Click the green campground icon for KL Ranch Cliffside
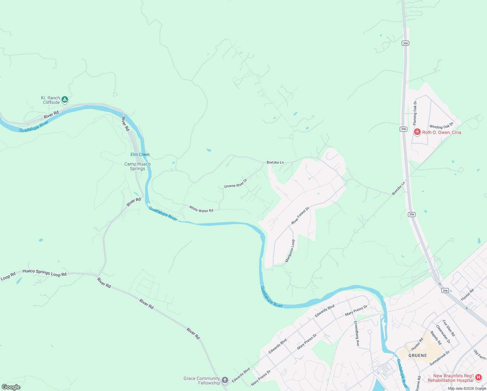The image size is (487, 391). coord(65,99)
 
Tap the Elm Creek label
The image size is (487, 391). coord(140,154)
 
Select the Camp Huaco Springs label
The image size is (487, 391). coord(137,166)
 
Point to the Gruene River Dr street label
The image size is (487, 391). coord(235,183)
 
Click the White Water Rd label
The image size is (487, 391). coord(201,209)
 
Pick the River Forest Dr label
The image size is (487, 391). coord(300,216)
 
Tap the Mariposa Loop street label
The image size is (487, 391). coord(290,251)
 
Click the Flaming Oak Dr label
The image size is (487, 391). coord(415,113)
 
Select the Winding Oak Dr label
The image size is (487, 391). coord(441,126)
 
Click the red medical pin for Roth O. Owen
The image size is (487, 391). coord(417,132)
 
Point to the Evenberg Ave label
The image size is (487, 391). coord(357,333)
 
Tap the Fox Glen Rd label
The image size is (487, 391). coord(449,328)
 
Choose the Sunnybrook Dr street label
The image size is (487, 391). coord(439,358)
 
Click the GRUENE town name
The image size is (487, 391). coord(418,355)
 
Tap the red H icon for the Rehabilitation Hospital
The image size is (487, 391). coord(478,377)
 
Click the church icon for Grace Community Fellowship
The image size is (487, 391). coord(225,380)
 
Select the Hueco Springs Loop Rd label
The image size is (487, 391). coord(45,273)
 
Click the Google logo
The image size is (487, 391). coord(11,387)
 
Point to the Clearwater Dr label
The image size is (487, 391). coord(443,334)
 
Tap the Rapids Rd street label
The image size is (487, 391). coord(436,338)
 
